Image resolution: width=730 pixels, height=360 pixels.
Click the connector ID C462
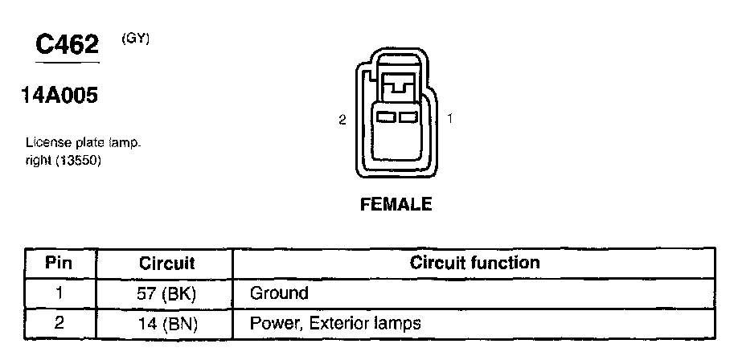[67, 45]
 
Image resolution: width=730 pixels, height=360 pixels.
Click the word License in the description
[47, 143]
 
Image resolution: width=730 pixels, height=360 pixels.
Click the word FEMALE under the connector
[396, 204]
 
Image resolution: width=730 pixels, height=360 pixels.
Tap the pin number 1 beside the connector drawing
[450, 118]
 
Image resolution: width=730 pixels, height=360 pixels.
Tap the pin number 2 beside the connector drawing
[342, 120]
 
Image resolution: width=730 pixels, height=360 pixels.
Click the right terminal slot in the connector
[408, 118]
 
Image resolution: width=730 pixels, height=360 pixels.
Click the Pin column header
[59, 263]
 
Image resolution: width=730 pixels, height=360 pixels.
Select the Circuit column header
[167, 263]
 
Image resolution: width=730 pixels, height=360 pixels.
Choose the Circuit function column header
[474, 263]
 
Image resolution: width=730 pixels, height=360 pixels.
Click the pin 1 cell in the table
[59, 292]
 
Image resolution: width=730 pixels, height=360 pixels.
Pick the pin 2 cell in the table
[59, 323]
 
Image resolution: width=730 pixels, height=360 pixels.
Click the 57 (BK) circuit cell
[167, 293]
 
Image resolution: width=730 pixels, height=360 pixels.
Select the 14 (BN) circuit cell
[167, 324]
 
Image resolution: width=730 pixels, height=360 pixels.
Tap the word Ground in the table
[279, 293]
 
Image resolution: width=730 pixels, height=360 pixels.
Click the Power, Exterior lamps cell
[335, 324]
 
